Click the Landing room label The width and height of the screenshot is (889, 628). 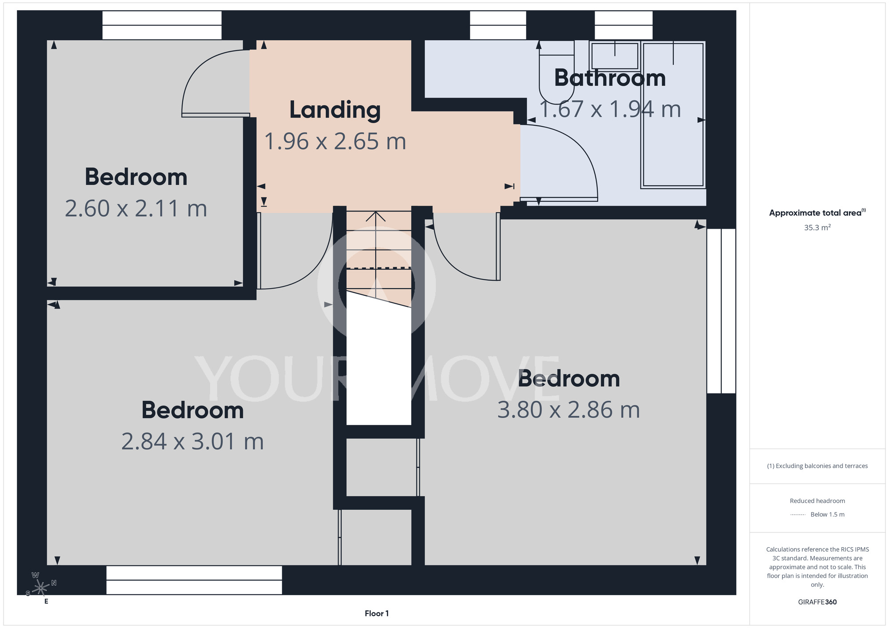coord(335,110)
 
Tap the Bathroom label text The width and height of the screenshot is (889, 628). coord(610,78)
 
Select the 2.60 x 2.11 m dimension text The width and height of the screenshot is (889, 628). coord(136,208)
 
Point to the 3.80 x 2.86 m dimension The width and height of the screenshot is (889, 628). coord(569,409)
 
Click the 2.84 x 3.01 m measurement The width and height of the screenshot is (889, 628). coord(192,441)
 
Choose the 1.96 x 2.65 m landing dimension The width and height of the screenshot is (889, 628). coord(335,141)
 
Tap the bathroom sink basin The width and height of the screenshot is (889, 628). coord(615,56)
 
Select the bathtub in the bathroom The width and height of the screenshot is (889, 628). coord(673,115)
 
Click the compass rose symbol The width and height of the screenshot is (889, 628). coord(40,588)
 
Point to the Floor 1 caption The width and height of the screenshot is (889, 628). coord(376,613)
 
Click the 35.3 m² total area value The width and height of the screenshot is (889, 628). coord(817,227)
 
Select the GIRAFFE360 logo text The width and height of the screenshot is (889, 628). coord(817,602)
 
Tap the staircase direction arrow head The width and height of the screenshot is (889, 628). coord(376,216)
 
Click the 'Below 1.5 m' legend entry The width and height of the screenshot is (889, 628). coord(827,514)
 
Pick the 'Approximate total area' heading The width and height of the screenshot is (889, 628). coord(817,213)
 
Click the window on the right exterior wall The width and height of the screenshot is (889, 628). coord(721,311)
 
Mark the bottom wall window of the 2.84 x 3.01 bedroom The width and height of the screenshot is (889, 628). coord(194,580)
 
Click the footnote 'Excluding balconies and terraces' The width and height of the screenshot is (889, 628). coord(817,466)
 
